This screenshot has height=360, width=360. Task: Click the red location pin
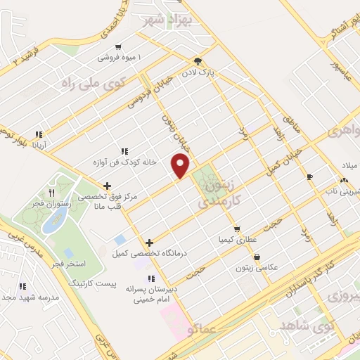click(181, 165)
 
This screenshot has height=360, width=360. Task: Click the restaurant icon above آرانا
click(39, 134)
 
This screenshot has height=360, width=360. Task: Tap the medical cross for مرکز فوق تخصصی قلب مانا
click(106, 186)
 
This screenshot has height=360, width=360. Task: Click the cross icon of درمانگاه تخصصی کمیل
click(149, 243)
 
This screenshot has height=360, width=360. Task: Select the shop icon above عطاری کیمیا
click(237, 229)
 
